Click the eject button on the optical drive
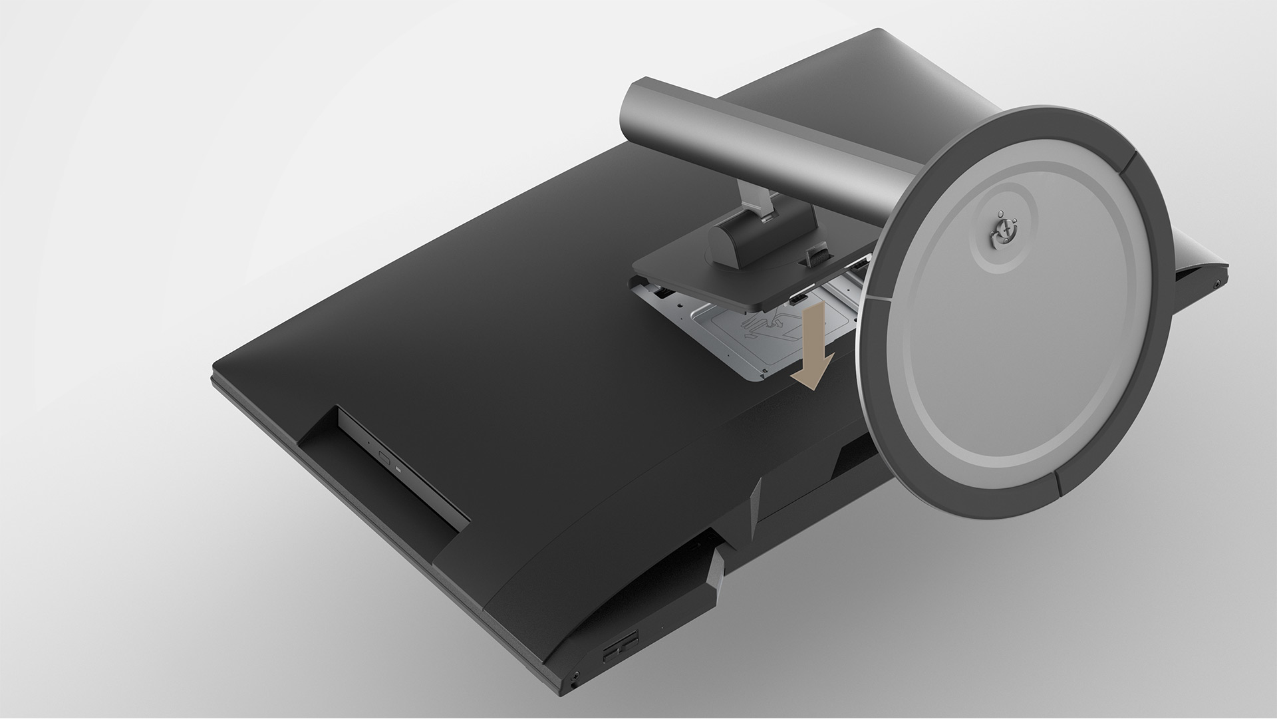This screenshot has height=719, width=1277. click(384, 457)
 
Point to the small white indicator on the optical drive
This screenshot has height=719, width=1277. click(399, 468)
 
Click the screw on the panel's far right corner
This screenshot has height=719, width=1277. click(1216, 283)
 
